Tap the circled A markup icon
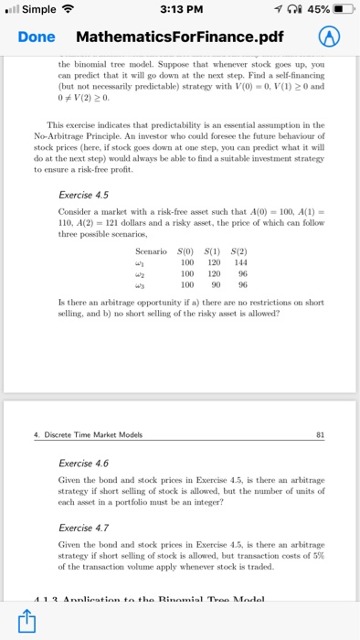click(x=329, y=37)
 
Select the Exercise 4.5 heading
click(x=83, y=195)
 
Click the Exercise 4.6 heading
click(x=83, y=464)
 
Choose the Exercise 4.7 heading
click(x=83, y=528)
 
